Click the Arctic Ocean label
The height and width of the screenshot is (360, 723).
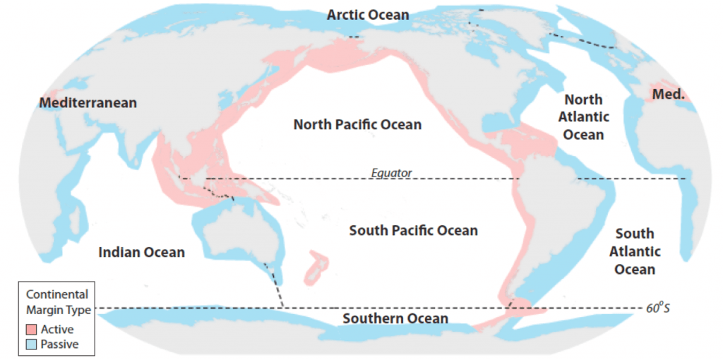367,15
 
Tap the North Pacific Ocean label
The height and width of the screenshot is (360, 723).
357,125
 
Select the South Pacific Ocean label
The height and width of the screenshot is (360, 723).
413,231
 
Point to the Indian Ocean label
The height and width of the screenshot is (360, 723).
141,252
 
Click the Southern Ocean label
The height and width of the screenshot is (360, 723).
395,319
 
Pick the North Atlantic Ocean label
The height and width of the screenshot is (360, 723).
583,116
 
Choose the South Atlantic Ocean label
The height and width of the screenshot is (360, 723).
634,251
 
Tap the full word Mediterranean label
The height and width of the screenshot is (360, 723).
88,103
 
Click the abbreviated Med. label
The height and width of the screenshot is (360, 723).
668,94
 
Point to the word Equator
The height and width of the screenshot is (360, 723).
391,172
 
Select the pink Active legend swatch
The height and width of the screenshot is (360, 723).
32,330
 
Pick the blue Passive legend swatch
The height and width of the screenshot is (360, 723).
32,344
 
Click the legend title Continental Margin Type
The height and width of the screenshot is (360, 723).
56,301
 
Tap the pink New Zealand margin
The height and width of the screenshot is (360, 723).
317,268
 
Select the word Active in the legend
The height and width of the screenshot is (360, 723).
57,330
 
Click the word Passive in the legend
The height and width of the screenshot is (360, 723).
59,344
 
